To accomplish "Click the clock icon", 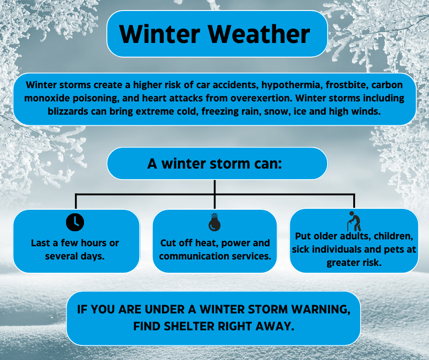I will [75, 222].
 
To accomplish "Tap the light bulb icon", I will [214, 222].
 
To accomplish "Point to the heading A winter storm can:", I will [214, 164].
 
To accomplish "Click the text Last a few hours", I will [75, 243].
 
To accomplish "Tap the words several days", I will [75, 256].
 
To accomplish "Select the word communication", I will [188, 256].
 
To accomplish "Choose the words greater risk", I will [354, 263].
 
